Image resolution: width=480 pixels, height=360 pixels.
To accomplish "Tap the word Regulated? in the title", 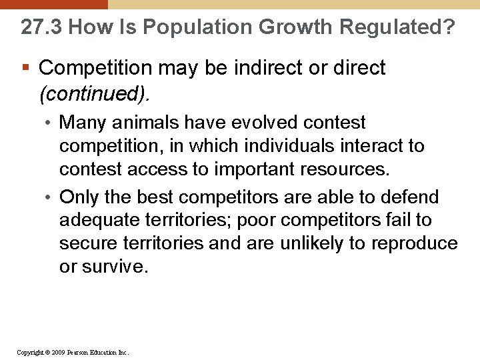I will tap(397, 27).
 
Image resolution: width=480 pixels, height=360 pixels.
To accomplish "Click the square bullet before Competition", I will tap(25, 68).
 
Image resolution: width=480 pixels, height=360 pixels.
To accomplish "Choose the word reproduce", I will tap(415, 243).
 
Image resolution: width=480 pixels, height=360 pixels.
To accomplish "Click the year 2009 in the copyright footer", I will tap(56, 352).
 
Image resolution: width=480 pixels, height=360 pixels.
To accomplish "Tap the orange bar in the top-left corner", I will tap(53, 4).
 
